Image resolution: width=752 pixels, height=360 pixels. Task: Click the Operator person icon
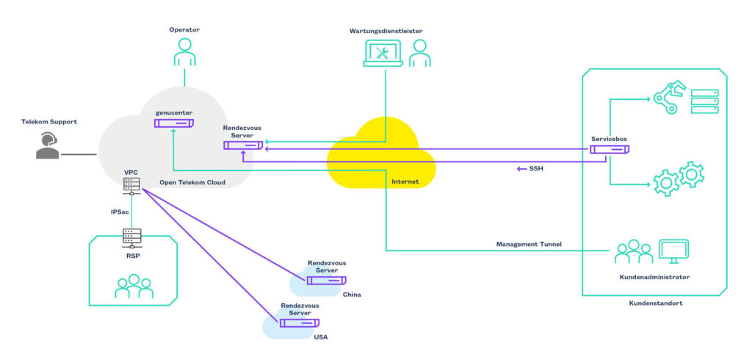tap(184, 52)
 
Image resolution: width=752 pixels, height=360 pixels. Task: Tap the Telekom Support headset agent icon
tap(48, 145)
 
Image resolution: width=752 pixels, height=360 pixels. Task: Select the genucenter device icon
tap(173, 122)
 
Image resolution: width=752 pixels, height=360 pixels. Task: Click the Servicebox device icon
tap(609, 149)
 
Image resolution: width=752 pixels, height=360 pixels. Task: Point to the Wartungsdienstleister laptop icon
tap(383, 54)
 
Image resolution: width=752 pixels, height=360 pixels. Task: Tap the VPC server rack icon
tap(131, 186)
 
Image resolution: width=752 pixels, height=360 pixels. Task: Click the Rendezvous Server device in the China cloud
tap(327, 280)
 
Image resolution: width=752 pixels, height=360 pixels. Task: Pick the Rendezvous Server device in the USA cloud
tap(299, 322)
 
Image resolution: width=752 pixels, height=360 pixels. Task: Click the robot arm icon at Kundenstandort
tap(668, 99)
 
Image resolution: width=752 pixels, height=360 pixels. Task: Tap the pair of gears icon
tap(679, 179)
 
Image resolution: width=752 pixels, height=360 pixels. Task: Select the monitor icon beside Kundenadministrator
tap(673, 251)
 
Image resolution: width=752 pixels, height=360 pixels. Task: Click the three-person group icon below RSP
tap(134, 287)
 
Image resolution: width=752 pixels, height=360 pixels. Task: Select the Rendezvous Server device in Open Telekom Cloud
tap(243, 145)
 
